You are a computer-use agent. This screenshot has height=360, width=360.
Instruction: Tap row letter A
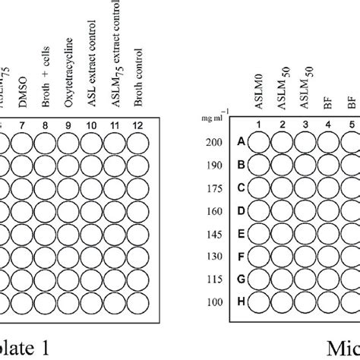tap(242, 142)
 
